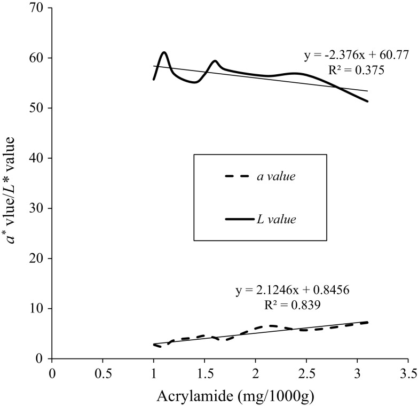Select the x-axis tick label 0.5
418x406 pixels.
pos(102,372)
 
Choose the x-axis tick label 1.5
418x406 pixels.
pos(204,372)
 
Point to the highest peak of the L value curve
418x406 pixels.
pos(164,52)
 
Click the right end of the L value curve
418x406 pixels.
pos(368,101)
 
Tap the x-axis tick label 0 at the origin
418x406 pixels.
pos(52,372)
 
